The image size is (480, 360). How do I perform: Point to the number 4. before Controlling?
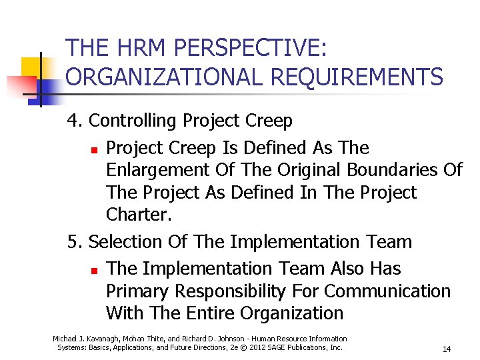[75, 121]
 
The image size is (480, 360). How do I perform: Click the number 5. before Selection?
[75, 241]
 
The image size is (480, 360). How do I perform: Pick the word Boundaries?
[386, 170]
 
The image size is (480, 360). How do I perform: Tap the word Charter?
[136, 215]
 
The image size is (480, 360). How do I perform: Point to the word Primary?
[138, 291]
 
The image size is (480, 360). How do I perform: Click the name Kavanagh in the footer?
[103, 339]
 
